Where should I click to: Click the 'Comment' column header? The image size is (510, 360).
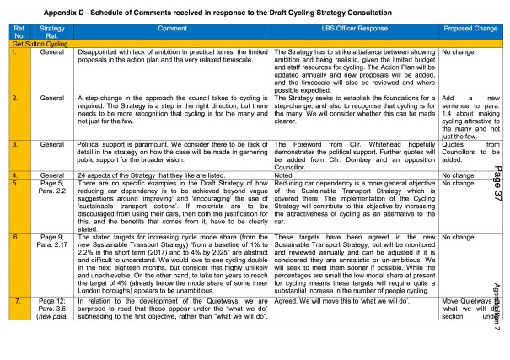(174, 30)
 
